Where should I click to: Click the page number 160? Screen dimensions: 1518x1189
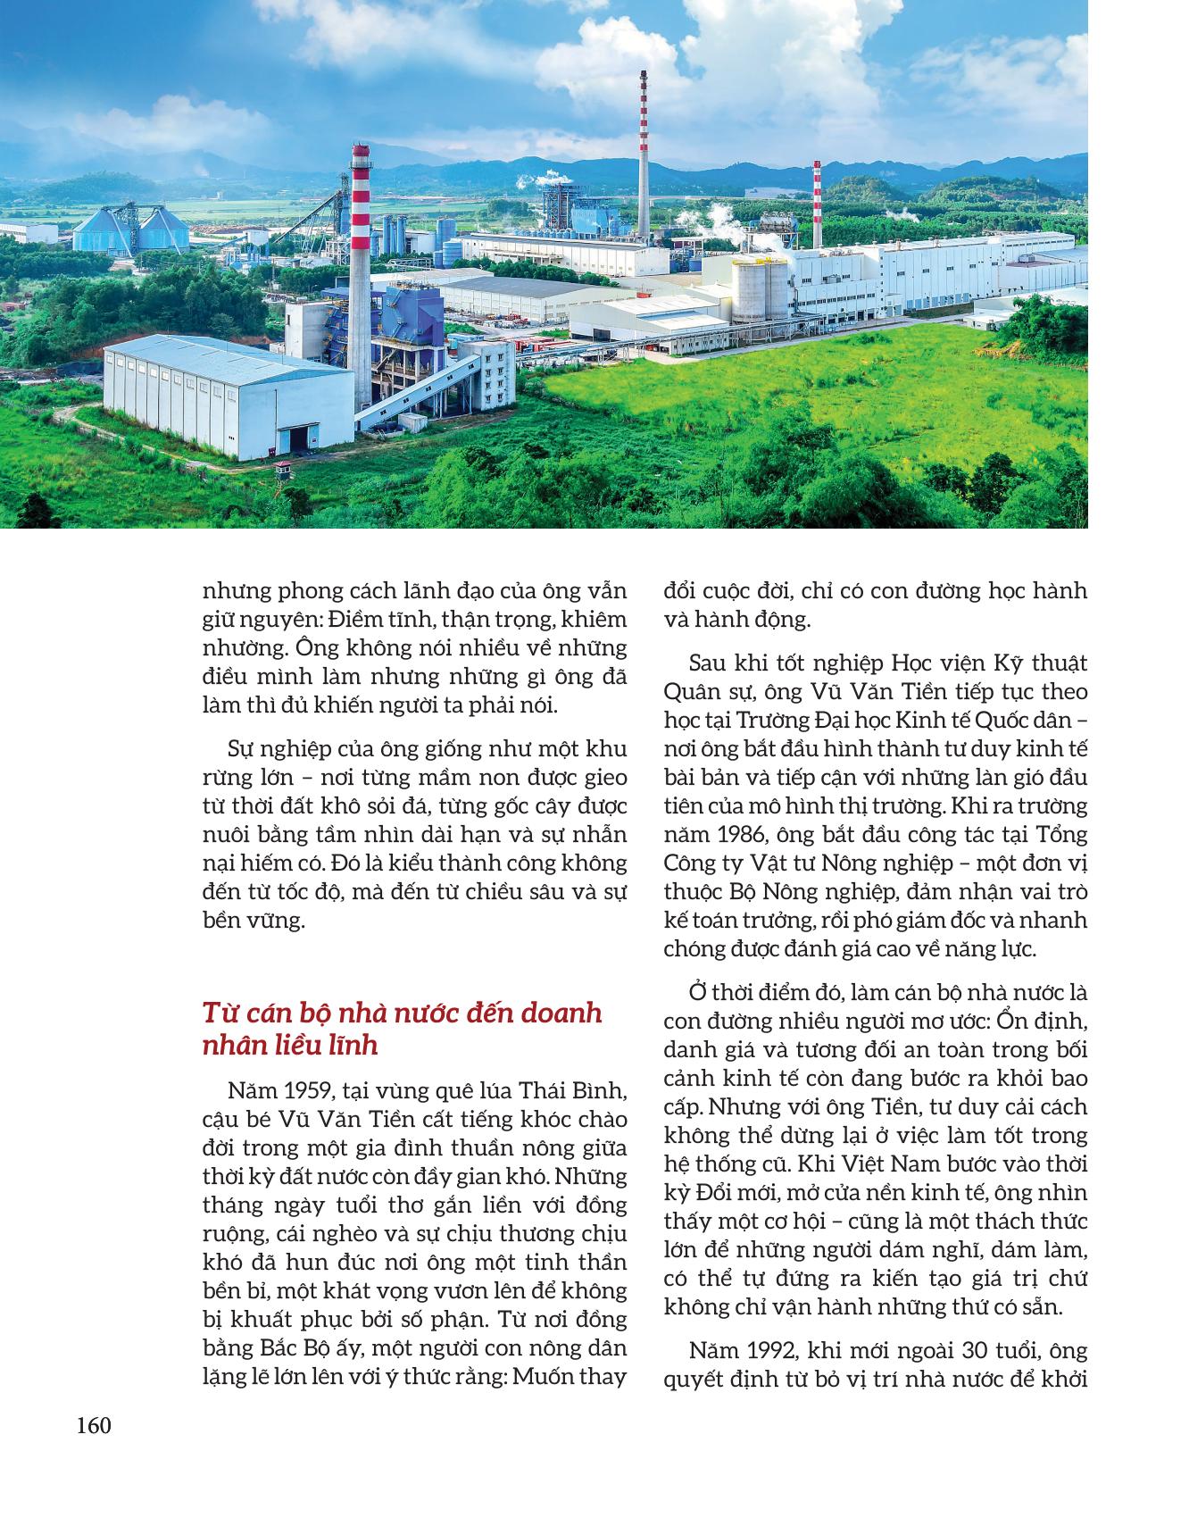(x=94, y=1426)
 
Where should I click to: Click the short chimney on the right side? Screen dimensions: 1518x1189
(x=816, y=192)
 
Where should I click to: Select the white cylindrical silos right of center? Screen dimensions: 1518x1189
(x=761, y=289)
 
